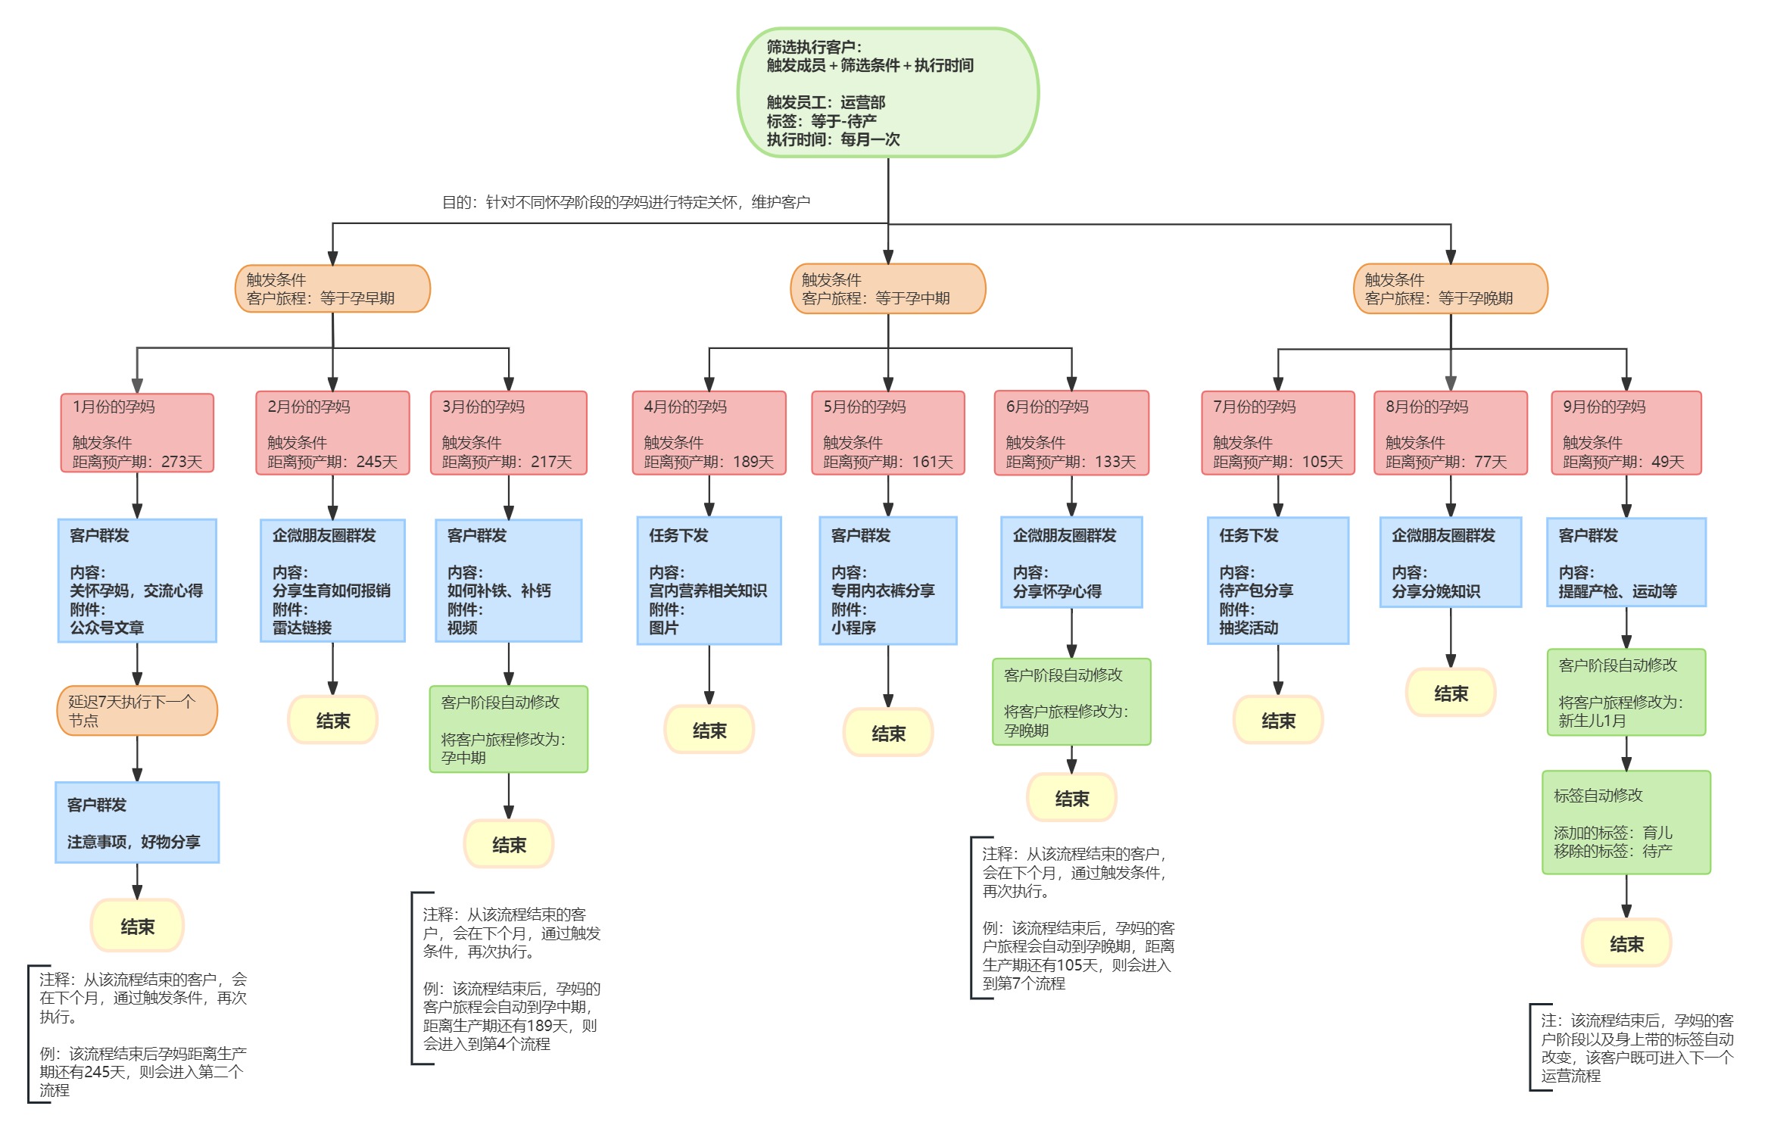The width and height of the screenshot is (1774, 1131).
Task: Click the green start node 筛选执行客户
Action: [887, 92]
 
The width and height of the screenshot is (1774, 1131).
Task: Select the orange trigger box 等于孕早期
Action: [332, 288]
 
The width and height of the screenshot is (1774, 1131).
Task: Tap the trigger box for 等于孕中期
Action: [888, 288]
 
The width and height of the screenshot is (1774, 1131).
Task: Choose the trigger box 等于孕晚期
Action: [1451, 288]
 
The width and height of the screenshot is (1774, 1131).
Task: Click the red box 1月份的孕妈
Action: [137, 433]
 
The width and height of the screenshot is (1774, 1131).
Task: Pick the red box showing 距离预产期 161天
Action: [888, 433]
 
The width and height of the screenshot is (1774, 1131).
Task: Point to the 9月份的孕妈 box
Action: [1626, 433]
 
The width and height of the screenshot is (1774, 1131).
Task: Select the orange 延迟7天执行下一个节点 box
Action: [137, 710]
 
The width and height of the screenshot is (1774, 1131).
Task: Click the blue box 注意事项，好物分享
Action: [137, 822]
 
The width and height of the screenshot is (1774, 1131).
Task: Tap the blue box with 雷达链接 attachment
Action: [332, 581]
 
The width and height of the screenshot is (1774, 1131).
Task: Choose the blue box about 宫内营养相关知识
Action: [709, 581]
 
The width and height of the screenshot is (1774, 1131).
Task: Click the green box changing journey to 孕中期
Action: [509, 729]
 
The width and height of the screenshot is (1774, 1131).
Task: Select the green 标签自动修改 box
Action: [1626, 822]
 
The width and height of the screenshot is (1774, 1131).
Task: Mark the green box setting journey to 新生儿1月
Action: [1626, 692]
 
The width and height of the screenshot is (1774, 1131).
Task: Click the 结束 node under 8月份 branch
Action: [1451, 693]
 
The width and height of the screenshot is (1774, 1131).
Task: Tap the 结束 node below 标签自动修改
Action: [1626, 943]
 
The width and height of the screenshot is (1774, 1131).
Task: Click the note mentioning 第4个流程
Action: [509, 979]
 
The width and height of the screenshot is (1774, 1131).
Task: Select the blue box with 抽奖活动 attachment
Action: [1278, 581]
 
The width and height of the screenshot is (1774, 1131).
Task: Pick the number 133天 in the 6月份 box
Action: [1115, 462]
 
